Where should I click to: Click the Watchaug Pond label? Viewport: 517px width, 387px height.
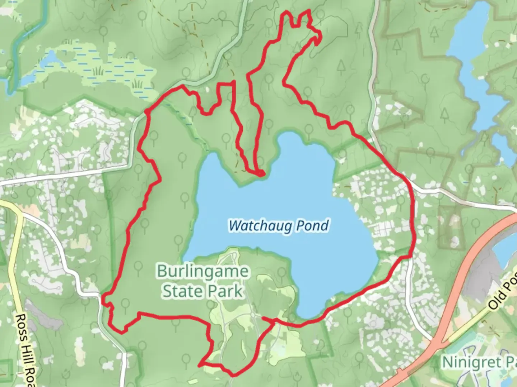coord(279,226)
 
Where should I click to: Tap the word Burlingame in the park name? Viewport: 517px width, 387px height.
coord(202,271)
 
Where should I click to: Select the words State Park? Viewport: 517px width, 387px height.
coord(202,291)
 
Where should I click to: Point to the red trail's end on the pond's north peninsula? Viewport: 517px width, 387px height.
coord(261,174)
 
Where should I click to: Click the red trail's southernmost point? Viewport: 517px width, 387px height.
coord(233,375)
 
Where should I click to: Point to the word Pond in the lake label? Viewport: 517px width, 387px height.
coord(312,226)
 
